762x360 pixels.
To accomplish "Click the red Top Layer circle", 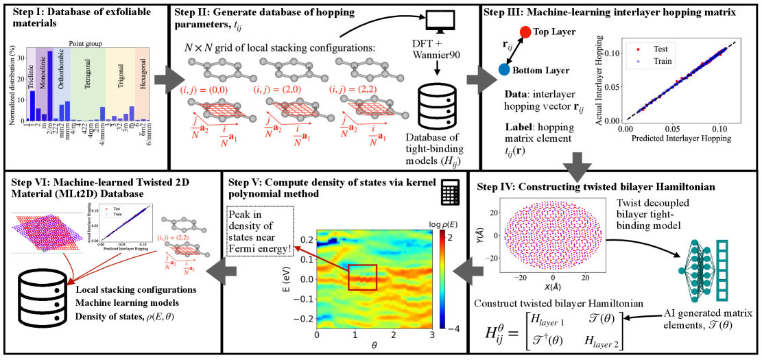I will point(525,32).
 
